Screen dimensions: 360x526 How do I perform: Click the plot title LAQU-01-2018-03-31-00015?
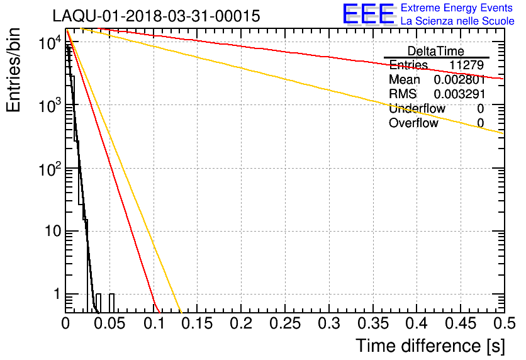pyautogui.click(x=156, y=16)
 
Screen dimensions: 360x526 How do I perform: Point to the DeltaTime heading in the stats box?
pyautogui.click(x=436, y=50)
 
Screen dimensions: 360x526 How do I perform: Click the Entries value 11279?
pyautogui.click(x=466, y=65)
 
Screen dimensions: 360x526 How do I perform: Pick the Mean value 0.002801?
pyautogui.click(x=459, y=80)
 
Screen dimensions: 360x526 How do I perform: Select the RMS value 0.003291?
pyautogui.click(x=459, y=94)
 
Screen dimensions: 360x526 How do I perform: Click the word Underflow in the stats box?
pyautogui.click(x=417, y=109)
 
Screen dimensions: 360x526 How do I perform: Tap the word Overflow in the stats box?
pyautogui.click(x=413, y=123)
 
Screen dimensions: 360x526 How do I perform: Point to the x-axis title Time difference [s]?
pyautogui.click(x=429, y=346)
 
